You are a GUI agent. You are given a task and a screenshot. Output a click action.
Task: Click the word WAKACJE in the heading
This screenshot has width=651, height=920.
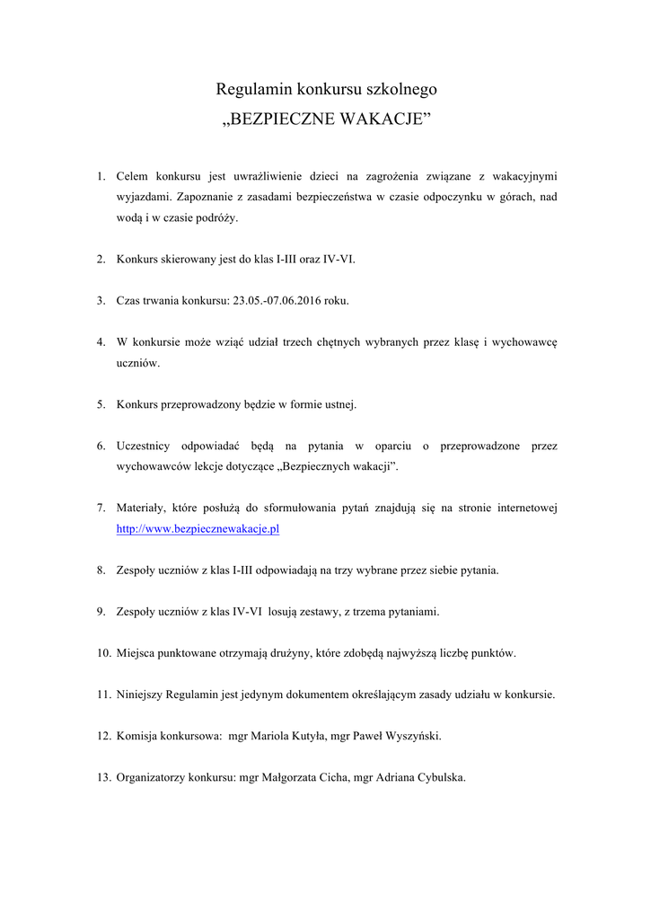tap(380, 119)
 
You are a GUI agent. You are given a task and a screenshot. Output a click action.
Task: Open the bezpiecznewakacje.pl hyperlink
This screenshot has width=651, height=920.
tap(198, 529)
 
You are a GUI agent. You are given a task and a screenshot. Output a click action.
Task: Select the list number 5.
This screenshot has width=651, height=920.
tap(101, 404)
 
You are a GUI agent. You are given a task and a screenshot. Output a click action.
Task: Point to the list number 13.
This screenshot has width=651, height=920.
tap(103, 777)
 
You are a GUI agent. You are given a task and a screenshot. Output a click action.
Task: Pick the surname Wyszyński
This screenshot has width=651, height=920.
tap(410, 736)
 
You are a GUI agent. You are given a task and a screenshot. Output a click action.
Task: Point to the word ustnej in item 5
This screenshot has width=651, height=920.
tap(339, 404)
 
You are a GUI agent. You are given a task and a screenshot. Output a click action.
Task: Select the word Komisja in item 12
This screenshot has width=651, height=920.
tap(137, 736)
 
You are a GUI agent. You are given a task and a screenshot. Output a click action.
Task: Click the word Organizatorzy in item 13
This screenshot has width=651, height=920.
tap(151, 777)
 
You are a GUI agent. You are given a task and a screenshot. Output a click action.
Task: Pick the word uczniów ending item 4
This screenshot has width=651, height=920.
tap(138, 363)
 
